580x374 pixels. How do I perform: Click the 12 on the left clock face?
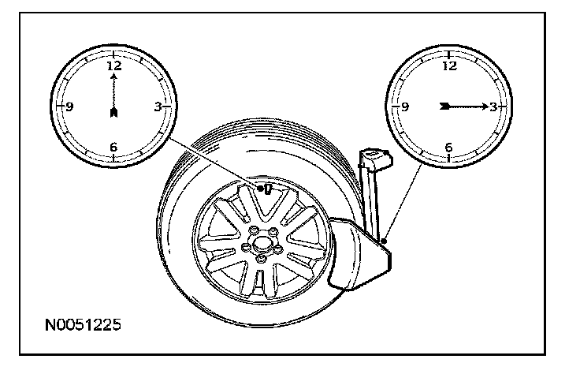tap(114, 65)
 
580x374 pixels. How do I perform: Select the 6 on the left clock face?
tap(114, 146)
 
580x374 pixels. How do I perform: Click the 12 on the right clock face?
tap(449, 66)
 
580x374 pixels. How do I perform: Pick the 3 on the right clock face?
tap(493, 107)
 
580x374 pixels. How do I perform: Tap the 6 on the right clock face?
tap(449, 147)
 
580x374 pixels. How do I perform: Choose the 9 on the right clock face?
tap(405, 107)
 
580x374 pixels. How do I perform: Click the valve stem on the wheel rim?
tap(266, 189)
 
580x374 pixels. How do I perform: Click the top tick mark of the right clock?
tap(449, 54)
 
